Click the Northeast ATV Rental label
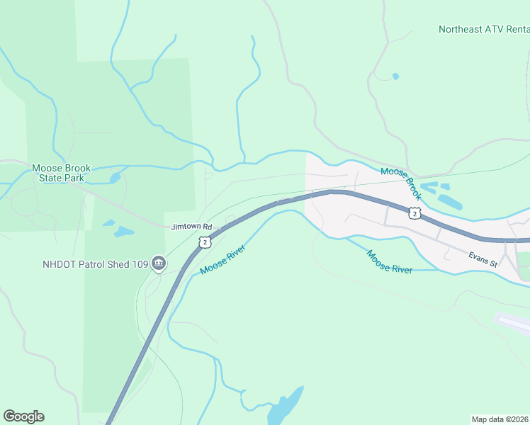(x=483, y=29)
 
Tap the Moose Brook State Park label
(x=61, y=173)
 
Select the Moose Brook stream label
(x=401, y=182)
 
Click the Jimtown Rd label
(x=191, y=227)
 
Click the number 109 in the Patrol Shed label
(x=140, y=265)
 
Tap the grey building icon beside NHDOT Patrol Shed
(x=158, y=265)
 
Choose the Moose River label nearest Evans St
(x=389, y=261)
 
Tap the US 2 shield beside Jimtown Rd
(x=205, y=242)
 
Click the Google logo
(x=23, y=416)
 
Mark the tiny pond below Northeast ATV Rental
(x=395, y=76)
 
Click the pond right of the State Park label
(x=114, y=178)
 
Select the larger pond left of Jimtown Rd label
(x=124, y=232)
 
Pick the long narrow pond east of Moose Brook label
(x=449, y=202)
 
